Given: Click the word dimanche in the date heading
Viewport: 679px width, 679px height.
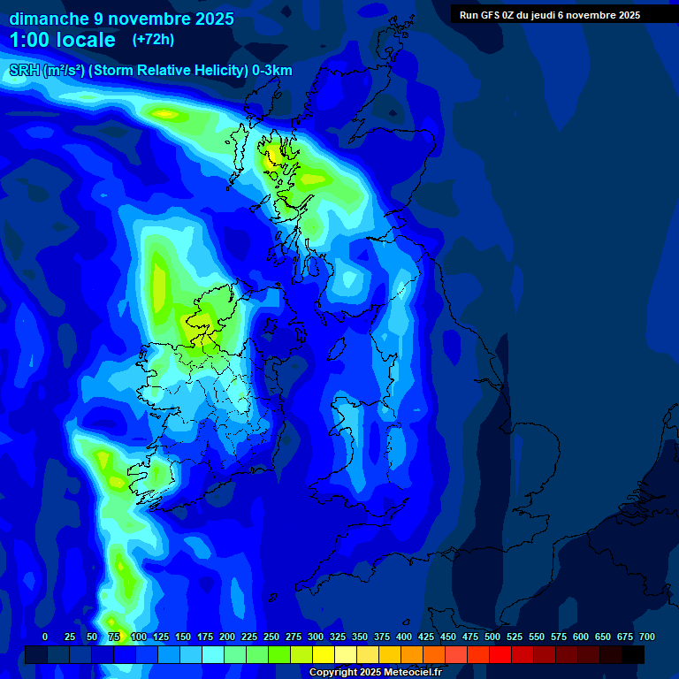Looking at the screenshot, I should [x=48, y=19].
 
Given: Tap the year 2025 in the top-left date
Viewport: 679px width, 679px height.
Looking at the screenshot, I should [x=212, y=19].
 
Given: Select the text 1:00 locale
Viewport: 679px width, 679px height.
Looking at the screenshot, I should [x=62, y=40].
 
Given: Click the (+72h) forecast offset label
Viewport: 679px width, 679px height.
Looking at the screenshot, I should [x=153, y=39].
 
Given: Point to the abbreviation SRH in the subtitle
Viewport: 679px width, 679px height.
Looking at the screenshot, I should [x=24, y=71].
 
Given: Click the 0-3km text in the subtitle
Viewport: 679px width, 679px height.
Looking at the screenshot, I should [x=271, y=71].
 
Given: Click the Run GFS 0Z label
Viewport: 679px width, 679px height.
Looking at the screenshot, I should [x=487, y=15].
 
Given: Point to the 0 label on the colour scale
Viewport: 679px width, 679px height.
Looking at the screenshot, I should [x=45, y=637].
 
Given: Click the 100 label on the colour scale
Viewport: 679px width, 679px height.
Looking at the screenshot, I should [x=139, y=637].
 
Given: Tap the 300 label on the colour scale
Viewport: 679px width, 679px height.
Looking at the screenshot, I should [x=316, y=637].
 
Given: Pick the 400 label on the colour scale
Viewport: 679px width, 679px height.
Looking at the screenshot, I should [x=404, y=637].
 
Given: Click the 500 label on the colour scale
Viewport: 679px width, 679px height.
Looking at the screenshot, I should [x=492, y=637].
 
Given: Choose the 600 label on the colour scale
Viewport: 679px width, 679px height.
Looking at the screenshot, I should [x=581, y=637].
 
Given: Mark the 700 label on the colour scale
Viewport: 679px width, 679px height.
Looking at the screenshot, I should [x=646, y=637].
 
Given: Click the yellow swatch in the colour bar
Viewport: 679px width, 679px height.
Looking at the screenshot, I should [x=324, y=655].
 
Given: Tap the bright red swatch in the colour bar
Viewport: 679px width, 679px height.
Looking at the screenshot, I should [x=500, y=655].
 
